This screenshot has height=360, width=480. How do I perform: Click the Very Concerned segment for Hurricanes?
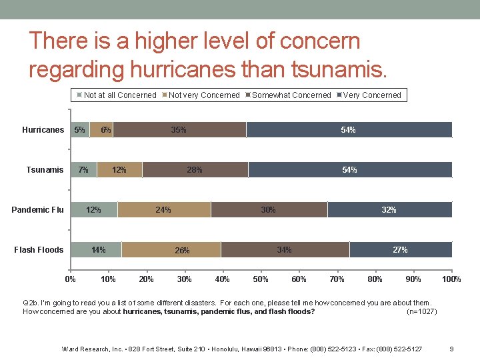349,130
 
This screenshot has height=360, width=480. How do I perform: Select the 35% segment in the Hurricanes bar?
179,130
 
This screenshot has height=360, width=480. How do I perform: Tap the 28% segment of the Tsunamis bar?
195,170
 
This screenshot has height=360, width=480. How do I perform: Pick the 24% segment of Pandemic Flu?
163,209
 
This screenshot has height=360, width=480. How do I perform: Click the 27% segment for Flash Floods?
400,250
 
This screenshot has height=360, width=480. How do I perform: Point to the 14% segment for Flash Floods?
98,250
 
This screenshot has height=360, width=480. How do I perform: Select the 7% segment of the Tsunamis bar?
83,170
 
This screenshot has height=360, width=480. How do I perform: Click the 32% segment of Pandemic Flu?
389,209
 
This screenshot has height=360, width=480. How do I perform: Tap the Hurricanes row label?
43,130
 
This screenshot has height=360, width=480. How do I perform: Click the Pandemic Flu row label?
38,210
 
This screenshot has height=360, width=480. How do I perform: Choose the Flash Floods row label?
39,250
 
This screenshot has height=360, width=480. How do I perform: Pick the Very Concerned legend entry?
372,95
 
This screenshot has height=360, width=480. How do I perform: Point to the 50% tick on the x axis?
261,279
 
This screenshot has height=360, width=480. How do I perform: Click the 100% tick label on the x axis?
451,279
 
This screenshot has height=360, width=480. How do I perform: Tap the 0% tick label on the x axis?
70,279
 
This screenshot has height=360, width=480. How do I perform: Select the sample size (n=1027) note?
422,311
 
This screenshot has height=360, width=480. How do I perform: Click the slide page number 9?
452,349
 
